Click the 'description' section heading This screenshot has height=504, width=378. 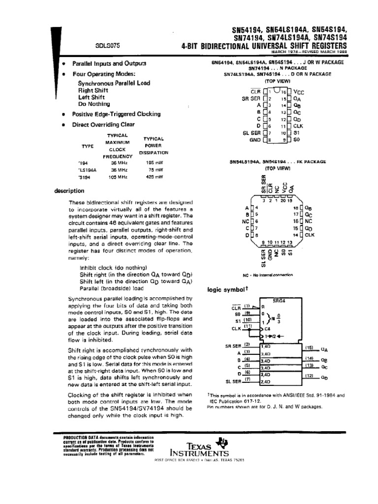[x=70, y=191]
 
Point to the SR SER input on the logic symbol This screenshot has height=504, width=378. [x=234, y=345]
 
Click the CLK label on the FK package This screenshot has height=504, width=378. [x=309, y=236]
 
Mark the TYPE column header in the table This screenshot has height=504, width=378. [x=87, y=146]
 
